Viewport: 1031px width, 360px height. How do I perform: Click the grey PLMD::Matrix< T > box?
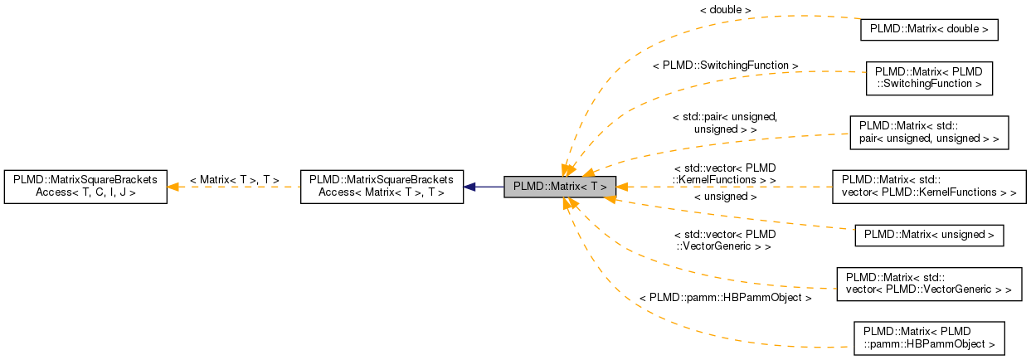tap(560, 187)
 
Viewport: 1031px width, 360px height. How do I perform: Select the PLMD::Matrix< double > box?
tap(928, 29)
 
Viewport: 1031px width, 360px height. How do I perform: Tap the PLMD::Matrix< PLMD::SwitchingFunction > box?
tap(928, 77)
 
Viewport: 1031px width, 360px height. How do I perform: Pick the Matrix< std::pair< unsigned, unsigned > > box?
tap(928, 133)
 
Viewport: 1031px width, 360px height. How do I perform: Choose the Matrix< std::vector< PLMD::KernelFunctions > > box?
tap(928, 187)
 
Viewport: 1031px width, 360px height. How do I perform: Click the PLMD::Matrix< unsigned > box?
tap(928, 235)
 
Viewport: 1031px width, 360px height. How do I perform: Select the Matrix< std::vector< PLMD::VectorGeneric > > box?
tap(928, 284)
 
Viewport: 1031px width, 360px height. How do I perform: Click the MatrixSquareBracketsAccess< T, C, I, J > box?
tap(85, 187)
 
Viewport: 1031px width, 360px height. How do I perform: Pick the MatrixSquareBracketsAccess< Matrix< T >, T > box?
tap(382, 187)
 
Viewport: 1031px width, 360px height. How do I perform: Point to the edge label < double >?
tap(725, 10)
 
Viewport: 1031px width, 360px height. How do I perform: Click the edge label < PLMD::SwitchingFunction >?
tap(725, 65)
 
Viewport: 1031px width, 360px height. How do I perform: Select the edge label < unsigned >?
tap(725, 197)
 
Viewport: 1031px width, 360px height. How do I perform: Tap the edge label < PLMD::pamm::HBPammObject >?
tap(725, 297)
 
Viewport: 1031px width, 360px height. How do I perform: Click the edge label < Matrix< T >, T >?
tap(234, 179)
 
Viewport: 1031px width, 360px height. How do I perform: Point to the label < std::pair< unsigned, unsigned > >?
tap(725, 123)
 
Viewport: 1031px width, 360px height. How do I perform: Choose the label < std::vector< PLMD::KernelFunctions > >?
tap(725, 173)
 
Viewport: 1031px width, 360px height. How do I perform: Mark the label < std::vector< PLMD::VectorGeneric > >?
tap(725, 241)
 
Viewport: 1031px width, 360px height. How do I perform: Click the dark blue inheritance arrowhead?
tap(469, 187)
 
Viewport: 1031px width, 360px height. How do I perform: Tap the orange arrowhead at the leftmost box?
tap(173, 187)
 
